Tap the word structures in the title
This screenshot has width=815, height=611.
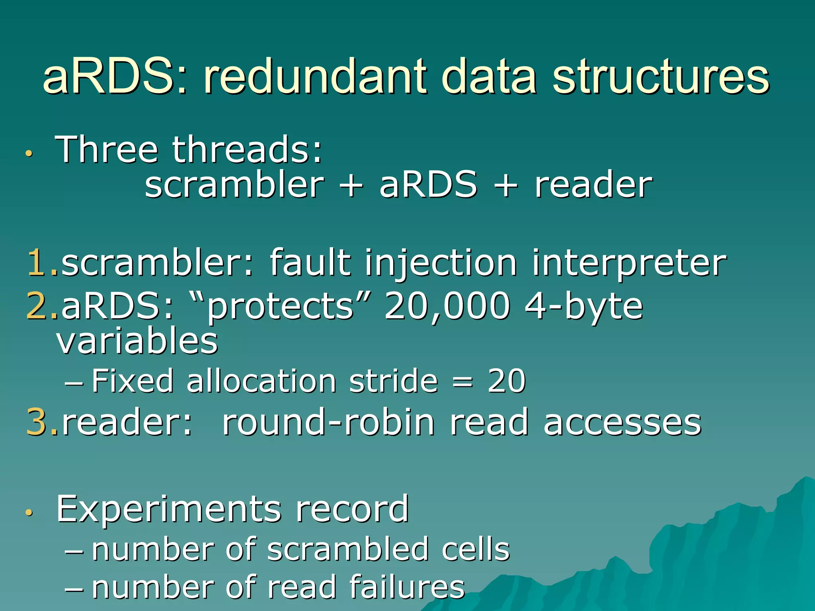661,76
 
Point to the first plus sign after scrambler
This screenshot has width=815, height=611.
352,185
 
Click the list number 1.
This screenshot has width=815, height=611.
39,263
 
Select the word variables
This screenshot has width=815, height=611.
137,341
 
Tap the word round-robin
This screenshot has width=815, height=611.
328,422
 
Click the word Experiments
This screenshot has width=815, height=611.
169,509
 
